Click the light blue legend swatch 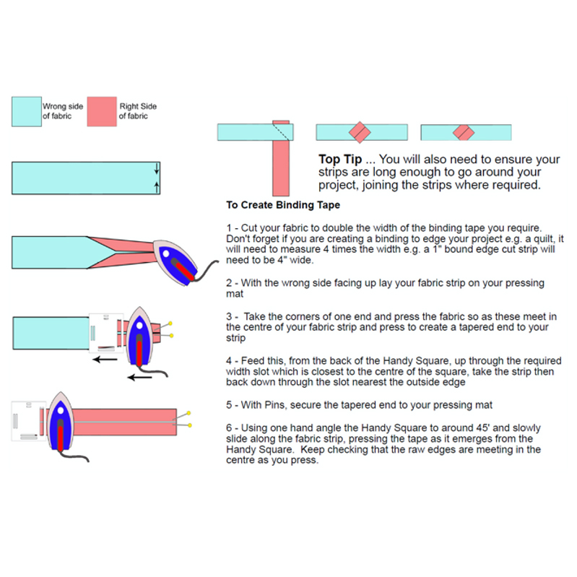[26, 112]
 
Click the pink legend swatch [102, 112]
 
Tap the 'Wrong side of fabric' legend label [63, 111]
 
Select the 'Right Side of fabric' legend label [138, 111]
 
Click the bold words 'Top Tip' [340, 159]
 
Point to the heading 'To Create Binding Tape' [282, 205]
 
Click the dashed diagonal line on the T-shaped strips [282, 131]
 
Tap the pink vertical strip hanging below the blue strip [281, 168]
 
